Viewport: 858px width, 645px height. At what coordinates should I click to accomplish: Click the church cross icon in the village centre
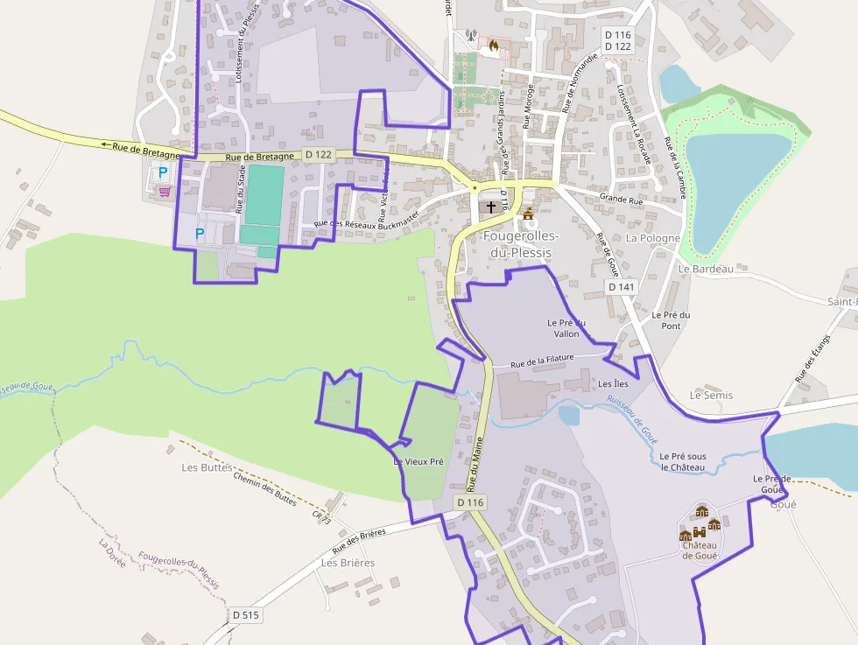[x=490, y=207]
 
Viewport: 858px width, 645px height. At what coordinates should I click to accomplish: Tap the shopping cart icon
[x=164, y=191]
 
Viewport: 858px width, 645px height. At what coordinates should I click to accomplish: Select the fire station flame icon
[x=494, y=45]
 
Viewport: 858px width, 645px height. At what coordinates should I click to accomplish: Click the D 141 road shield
[x=621, y=287]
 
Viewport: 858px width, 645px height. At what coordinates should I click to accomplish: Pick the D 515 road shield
[x=246, y=615]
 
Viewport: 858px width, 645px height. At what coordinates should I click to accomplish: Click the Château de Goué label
[x=700, y=550]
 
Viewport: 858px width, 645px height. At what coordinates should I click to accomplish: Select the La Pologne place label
[x=653, y=238]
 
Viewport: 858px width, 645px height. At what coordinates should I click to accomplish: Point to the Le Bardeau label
[x=706, y=269]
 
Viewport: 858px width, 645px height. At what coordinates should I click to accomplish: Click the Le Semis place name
[x=711, y=396]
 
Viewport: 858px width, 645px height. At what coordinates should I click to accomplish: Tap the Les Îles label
[x=613, y=384]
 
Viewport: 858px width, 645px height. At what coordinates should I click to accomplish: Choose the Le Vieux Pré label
[x=418, y=461]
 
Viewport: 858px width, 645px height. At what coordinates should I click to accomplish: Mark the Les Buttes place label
[x=207, y=467]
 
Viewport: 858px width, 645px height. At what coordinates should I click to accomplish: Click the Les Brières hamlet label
[x=348, y=563]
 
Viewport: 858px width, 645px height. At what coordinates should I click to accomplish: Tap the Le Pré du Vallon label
[x=566, y=328]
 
